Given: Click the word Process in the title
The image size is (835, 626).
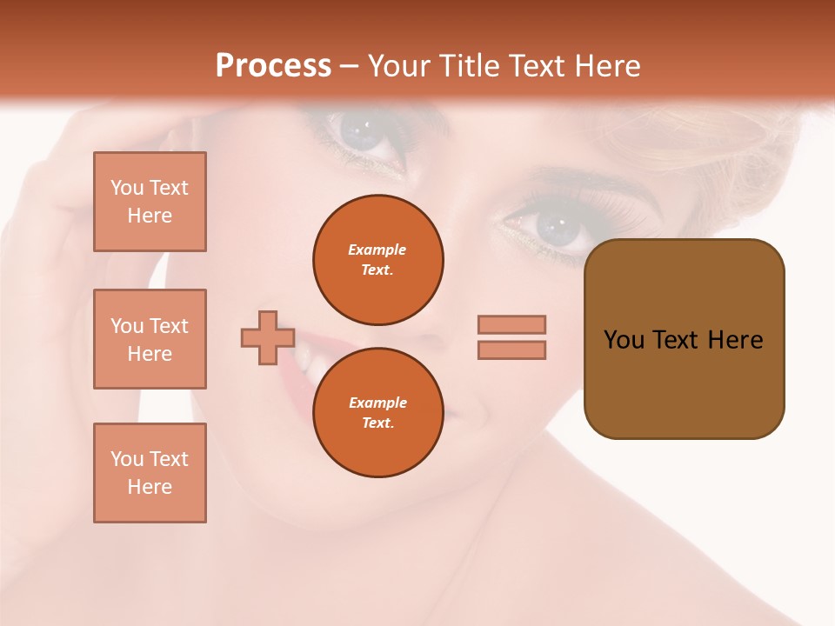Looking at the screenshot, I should coord(273,66).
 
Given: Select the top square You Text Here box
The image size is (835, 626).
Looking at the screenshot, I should coord(150,202).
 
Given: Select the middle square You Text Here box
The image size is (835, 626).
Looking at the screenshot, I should coord(150,339).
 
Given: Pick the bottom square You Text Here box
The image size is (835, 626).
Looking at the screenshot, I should coord(150,473).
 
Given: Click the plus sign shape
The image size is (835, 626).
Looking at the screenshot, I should coord(268,337).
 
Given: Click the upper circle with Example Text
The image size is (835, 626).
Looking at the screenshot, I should coord(378,260).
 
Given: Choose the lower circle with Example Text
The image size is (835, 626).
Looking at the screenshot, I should coord(378,413).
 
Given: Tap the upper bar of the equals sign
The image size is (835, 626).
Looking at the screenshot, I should coord(511,324).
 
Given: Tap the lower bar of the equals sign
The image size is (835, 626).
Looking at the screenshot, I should coord(511,350).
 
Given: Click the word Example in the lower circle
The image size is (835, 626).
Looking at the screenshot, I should coord(377,403).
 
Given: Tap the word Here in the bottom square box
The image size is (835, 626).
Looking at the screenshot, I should coord(150,487).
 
